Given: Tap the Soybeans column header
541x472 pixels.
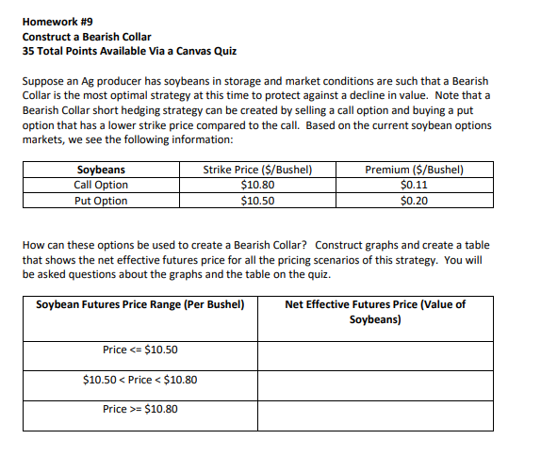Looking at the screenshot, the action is tap(101, 171).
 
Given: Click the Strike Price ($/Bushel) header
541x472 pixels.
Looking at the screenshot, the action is tap(257, 171).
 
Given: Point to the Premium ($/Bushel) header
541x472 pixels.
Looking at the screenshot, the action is tap(414, 171).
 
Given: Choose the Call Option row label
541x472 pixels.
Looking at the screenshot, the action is tap(101, 185).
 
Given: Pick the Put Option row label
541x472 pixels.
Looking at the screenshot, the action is tap(101, 200).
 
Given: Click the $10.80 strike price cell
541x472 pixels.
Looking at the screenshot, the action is tap(257, 185).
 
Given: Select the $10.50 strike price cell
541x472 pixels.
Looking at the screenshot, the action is tap(257, 200).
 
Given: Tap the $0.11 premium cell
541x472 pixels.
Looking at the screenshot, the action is tap(414, 185).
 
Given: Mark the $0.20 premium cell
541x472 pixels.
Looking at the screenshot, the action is tap(414, 200).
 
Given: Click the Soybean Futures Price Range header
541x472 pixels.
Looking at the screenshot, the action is tap(140, 305).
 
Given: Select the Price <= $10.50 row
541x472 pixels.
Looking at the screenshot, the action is tap(140, 350).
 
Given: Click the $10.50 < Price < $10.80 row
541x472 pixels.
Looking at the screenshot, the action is tap(140, 381).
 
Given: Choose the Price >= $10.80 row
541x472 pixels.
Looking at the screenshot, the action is tap(140, 410).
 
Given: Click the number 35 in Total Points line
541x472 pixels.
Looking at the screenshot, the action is tap(28, 51).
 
